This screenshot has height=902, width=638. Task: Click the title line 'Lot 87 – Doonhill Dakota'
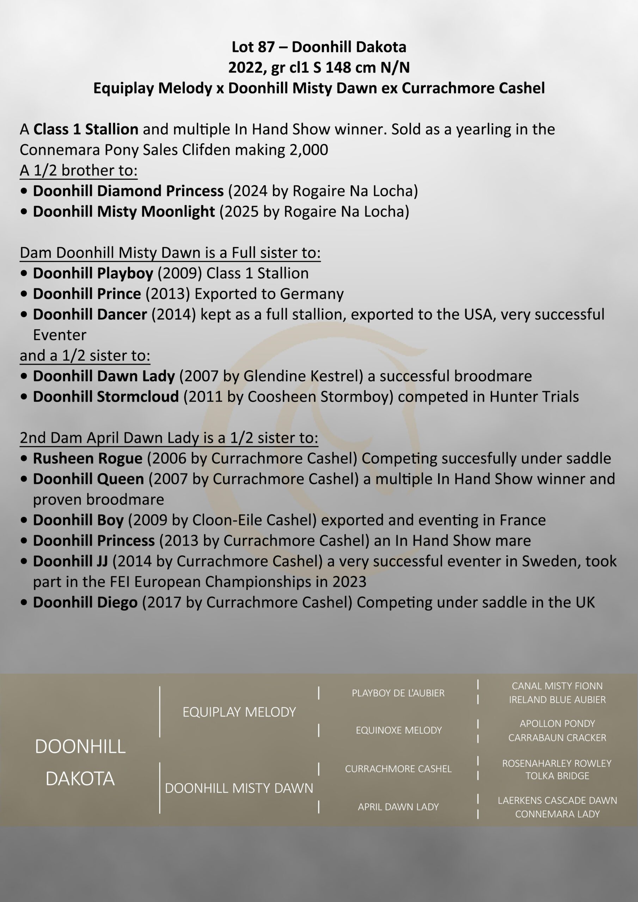[x=319, y=47]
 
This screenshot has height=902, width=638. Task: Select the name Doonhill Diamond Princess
[x=128, y=191]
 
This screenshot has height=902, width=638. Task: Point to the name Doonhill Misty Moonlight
[x=124, y=211]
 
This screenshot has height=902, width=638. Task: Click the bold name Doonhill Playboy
[x=93, y=273]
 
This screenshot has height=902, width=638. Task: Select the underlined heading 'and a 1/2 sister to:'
[x=85, y=356]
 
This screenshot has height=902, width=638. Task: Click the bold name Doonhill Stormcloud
[x=106, y=397]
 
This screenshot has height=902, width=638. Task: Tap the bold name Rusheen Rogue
[x=88, y=458]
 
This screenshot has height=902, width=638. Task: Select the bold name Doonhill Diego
[x=85, y=602]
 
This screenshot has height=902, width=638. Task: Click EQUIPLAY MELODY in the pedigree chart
[x=239, y=712]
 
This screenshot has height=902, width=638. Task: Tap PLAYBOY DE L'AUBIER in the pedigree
[x=398, y=693]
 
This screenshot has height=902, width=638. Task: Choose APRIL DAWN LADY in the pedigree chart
[x=398, y=807]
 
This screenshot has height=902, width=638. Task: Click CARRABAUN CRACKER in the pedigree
[x=557, y=738]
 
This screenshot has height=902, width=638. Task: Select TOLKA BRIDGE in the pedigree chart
[x=557, y=776]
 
